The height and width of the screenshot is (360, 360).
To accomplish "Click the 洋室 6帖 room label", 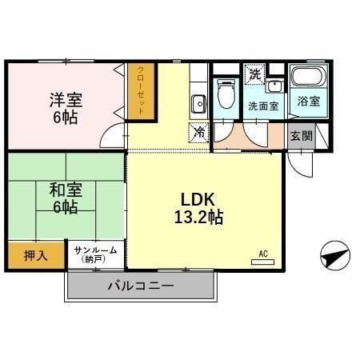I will [x=66, y=105].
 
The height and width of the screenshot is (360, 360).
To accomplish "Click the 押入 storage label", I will [x=35, y=256].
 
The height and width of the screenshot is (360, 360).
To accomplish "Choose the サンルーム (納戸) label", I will [x=95, y=254].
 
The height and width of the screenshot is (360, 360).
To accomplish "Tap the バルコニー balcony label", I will [x=141, y=286].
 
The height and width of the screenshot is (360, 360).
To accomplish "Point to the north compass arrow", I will [x=334, y=257].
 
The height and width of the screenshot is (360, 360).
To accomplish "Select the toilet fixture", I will [x=226, y=94].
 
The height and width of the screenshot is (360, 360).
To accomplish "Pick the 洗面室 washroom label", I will [x=262, y=106].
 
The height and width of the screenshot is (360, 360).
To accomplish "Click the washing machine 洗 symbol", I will [x=255, y=74].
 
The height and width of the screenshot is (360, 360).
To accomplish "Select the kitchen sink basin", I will [x=198, y=102].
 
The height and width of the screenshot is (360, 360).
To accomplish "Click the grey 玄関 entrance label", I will [x=301, y=135].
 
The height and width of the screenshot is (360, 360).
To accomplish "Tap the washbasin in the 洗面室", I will [x=276, y=86].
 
